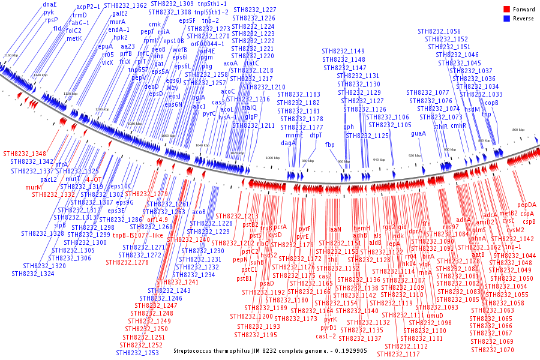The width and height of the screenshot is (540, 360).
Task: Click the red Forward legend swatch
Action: (x=506, y=10)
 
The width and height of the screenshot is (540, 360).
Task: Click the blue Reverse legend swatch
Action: (x=506, y=19)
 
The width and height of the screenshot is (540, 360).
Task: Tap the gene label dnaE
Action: (x=50, y=5)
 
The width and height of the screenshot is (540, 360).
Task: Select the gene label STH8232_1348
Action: (x=24, y=154)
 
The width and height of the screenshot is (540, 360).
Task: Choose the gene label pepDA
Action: (x=527, y=205)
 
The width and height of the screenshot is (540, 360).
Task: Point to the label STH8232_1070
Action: (x=493, y=350)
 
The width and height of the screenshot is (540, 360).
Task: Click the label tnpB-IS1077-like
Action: (x=138, y=235)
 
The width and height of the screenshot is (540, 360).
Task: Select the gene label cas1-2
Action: (x=326, y=336)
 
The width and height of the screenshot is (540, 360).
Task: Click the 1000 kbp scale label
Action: (x=273, y=158)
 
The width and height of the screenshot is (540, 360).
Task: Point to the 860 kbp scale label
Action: (x=518, y=130)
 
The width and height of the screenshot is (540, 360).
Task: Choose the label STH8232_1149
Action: (x=343, y=52)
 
